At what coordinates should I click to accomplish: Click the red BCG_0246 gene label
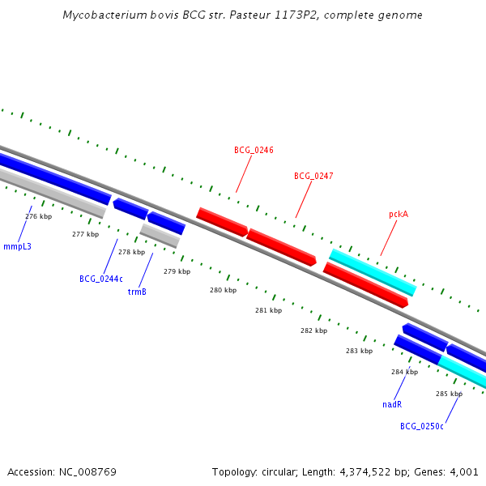[x=254, y=150]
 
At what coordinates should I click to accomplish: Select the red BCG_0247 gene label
[x=313, y=176]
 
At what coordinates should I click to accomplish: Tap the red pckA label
[x=399, y=215]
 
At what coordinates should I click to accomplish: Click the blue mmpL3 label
[x=17, y=246]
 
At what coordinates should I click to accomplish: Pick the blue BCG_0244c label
[x=101, y=279]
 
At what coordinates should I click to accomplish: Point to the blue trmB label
[x=137, y=292]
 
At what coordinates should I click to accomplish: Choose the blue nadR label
[x=392, y=404]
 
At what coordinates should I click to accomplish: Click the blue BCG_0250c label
[x=422, y=426]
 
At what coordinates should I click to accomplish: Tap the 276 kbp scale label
[x=38, y=216]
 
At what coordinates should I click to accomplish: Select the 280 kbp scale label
[x=223, y=290]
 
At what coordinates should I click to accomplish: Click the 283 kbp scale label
[x=359, y=351]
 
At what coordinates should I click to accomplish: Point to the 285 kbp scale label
[x=449, y=394]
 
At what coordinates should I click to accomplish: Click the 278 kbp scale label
[x=131, y=252]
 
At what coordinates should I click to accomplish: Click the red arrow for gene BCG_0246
[x=222, y=222]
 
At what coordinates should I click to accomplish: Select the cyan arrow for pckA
[x=373, y=272]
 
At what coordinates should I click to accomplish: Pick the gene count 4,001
[x=464, y=471]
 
